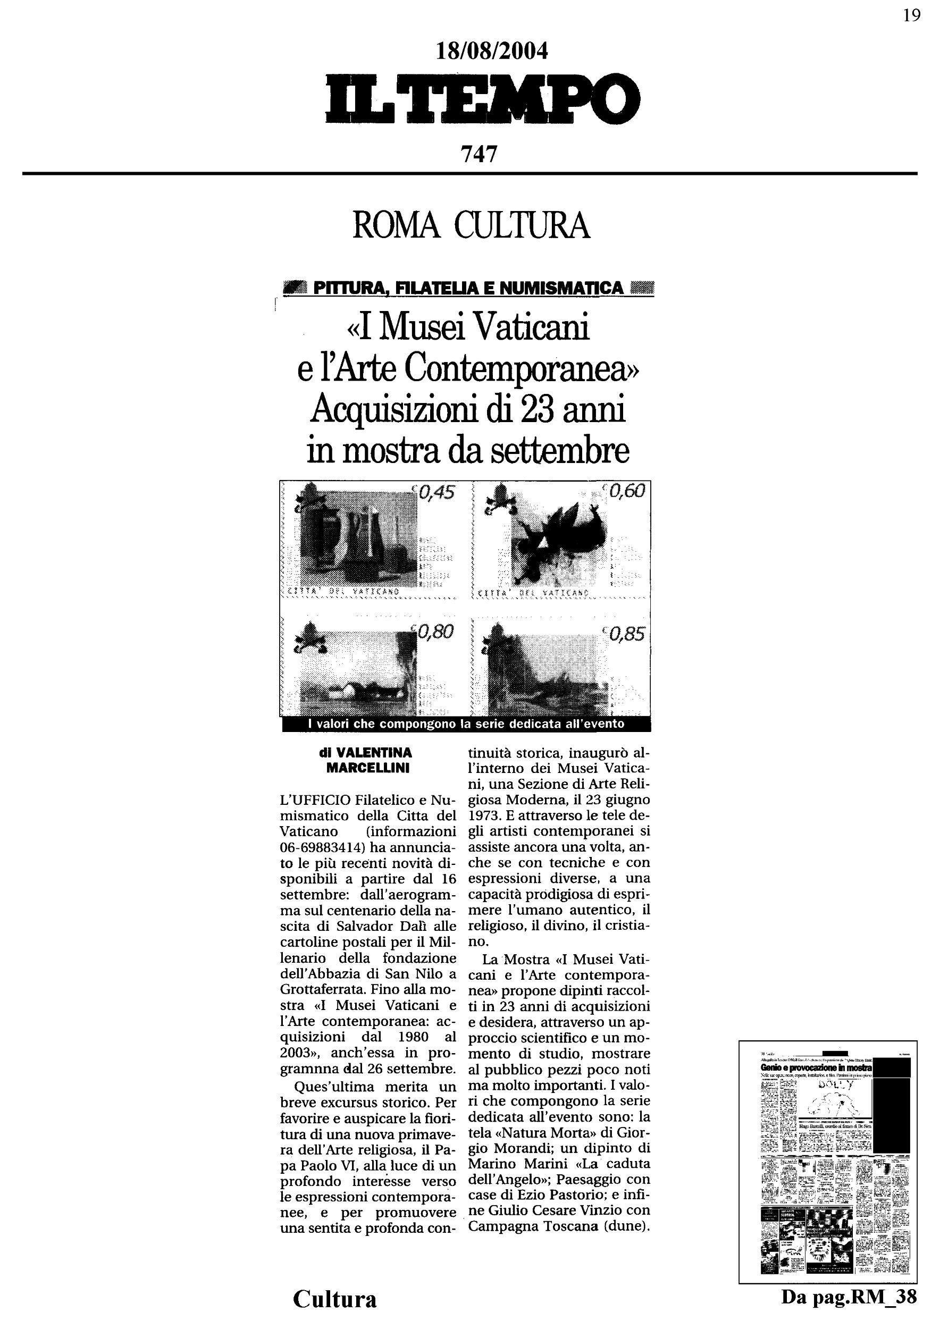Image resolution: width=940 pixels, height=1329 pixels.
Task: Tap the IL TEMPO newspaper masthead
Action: click(x=483, y=99)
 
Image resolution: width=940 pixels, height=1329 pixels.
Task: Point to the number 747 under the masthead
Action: click(x=479, y=154)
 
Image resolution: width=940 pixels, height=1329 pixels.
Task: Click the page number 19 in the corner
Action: click(x=911, y=15)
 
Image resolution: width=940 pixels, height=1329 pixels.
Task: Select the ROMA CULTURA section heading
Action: click(x=471, y=226)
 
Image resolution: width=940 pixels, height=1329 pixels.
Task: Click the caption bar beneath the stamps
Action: click(x=466, y=724)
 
